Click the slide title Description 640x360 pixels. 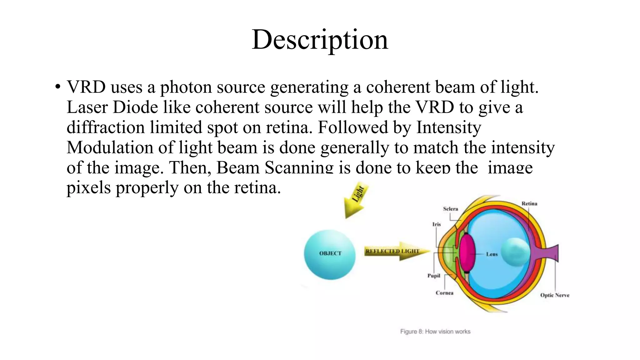320,40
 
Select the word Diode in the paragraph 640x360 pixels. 135,107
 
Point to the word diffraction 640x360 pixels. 106,127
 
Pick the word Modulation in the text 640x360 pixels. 110,147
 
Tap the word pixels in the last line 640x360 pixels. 88,188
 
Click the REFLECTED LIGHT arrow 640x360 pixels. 396,251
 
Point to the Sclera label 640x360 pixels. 450,209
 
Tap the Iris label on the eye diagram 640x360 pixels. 436,224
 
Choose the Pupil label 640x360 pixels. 434,276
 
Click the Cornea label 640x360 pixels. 444,293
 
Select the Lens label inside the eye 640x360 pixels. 492,254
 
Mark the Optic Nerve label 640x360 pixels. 555,295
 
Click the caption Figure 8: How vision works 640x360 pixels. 435,332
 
